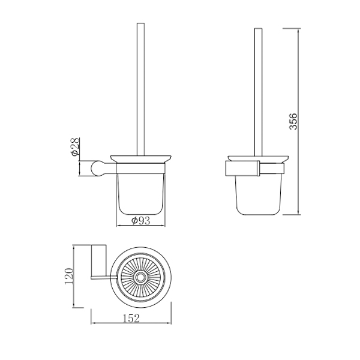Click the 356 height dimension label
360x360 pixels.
tap(293, 121)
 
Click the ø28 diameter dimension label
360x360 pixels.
tap(75, 147)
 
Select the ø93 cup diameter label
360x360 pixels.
tap(140, 221)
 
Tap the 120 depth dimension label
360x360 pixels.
tap(70, 276)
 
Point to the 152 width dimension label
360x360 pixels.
tap(131, 318)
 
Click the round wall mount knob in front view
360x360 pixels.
tap(98, 169)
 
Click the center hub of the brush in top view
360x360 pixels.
tap(140, 278)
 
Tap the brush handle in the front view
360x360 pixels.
tap(141, 89)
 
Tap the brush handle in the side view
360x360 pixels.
tap(258, 92)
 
